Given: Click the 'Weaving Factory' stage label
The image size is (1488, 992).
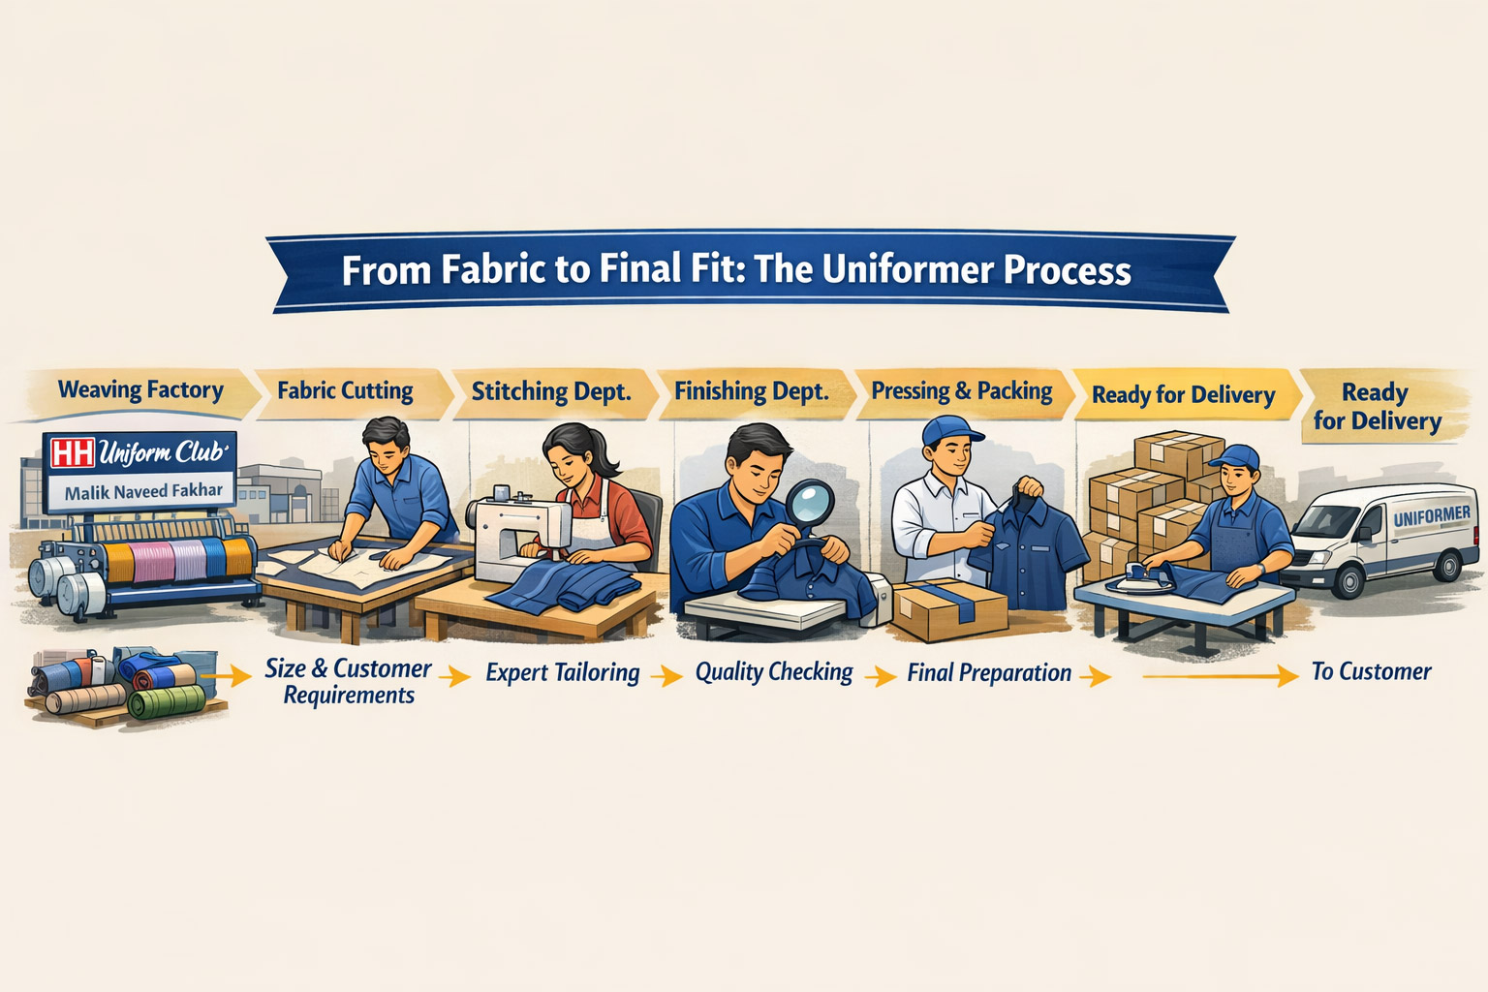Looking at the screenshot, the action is [140, 390].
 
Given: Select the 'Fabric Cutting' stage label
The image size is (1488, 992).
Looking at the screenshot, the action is [346, 390].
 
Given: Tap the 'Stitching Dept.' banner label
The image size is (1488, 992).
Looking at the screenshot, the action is [551, 391].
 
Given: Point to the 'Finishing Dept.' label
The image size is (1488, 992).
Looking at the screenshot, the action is [752, 391].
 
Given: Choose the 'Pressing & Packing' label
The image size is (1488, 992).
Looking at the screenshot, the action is [962, 391].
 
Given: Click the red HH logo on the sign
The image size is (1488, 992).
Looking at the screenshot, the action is [73, 452].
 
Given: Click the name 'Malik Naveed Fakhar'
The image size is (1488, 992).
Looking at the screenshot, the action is [143, 492].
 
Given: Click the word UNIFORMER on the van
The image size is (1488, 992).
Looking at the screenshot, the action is [1432, 515].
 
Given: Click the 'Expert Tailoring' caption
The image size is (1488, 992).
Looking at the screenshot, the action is [563, 672].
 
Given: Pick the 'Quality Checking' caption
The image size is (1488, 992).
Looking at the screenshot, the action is [774, 672].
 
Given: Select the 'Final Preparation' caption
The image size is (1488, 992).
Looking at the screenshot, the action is [989, 673].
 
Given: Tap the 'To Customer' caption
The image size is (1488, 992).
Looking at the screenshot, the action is [1371, 671].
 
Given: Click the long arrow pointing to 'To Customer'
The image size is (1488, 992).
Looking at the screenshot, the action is [1221, 676].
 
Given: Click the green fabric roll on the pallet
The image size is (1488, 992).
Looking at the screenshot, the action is [168, 701].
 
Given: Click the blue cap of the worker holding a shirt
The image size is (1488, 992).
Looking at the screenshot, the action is [950, 430].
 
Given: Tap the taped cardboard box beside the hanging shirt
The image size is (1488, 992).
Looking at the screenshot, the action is [950, 609].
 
